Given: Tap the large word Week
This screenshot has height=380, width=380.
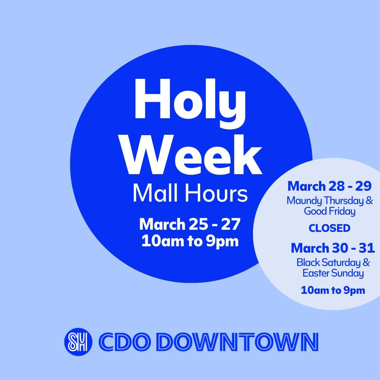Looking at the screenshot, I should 193,154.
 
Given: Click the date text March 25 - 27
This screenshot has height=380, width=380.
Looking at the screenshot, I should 190,224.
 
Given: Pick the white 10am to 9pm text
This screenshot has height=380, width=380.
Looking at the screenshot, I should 190,241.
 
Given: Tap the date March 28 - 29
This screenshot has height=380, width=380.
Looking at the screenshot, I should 329,186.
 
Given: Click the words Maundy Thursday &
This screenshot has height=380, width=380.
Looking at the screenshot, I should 330,201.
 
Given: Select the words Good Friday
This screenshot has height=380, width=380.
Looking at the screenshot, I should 330,211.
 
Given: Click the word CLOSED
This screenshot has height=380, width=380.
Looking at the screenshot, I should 330,228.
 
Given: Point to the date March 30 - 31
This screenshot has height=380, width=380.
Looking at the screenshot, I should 333,248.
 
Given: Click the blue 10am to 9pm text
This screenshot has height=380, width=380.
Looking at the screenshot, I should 333,290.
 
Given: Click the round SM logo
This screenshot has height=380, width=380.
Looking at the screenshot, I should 78,341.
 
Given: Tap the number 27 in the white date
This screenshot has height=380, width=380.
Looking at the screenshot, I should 232,224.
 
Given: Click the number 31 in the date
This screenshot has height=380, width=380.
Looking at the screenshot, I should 367,248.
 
